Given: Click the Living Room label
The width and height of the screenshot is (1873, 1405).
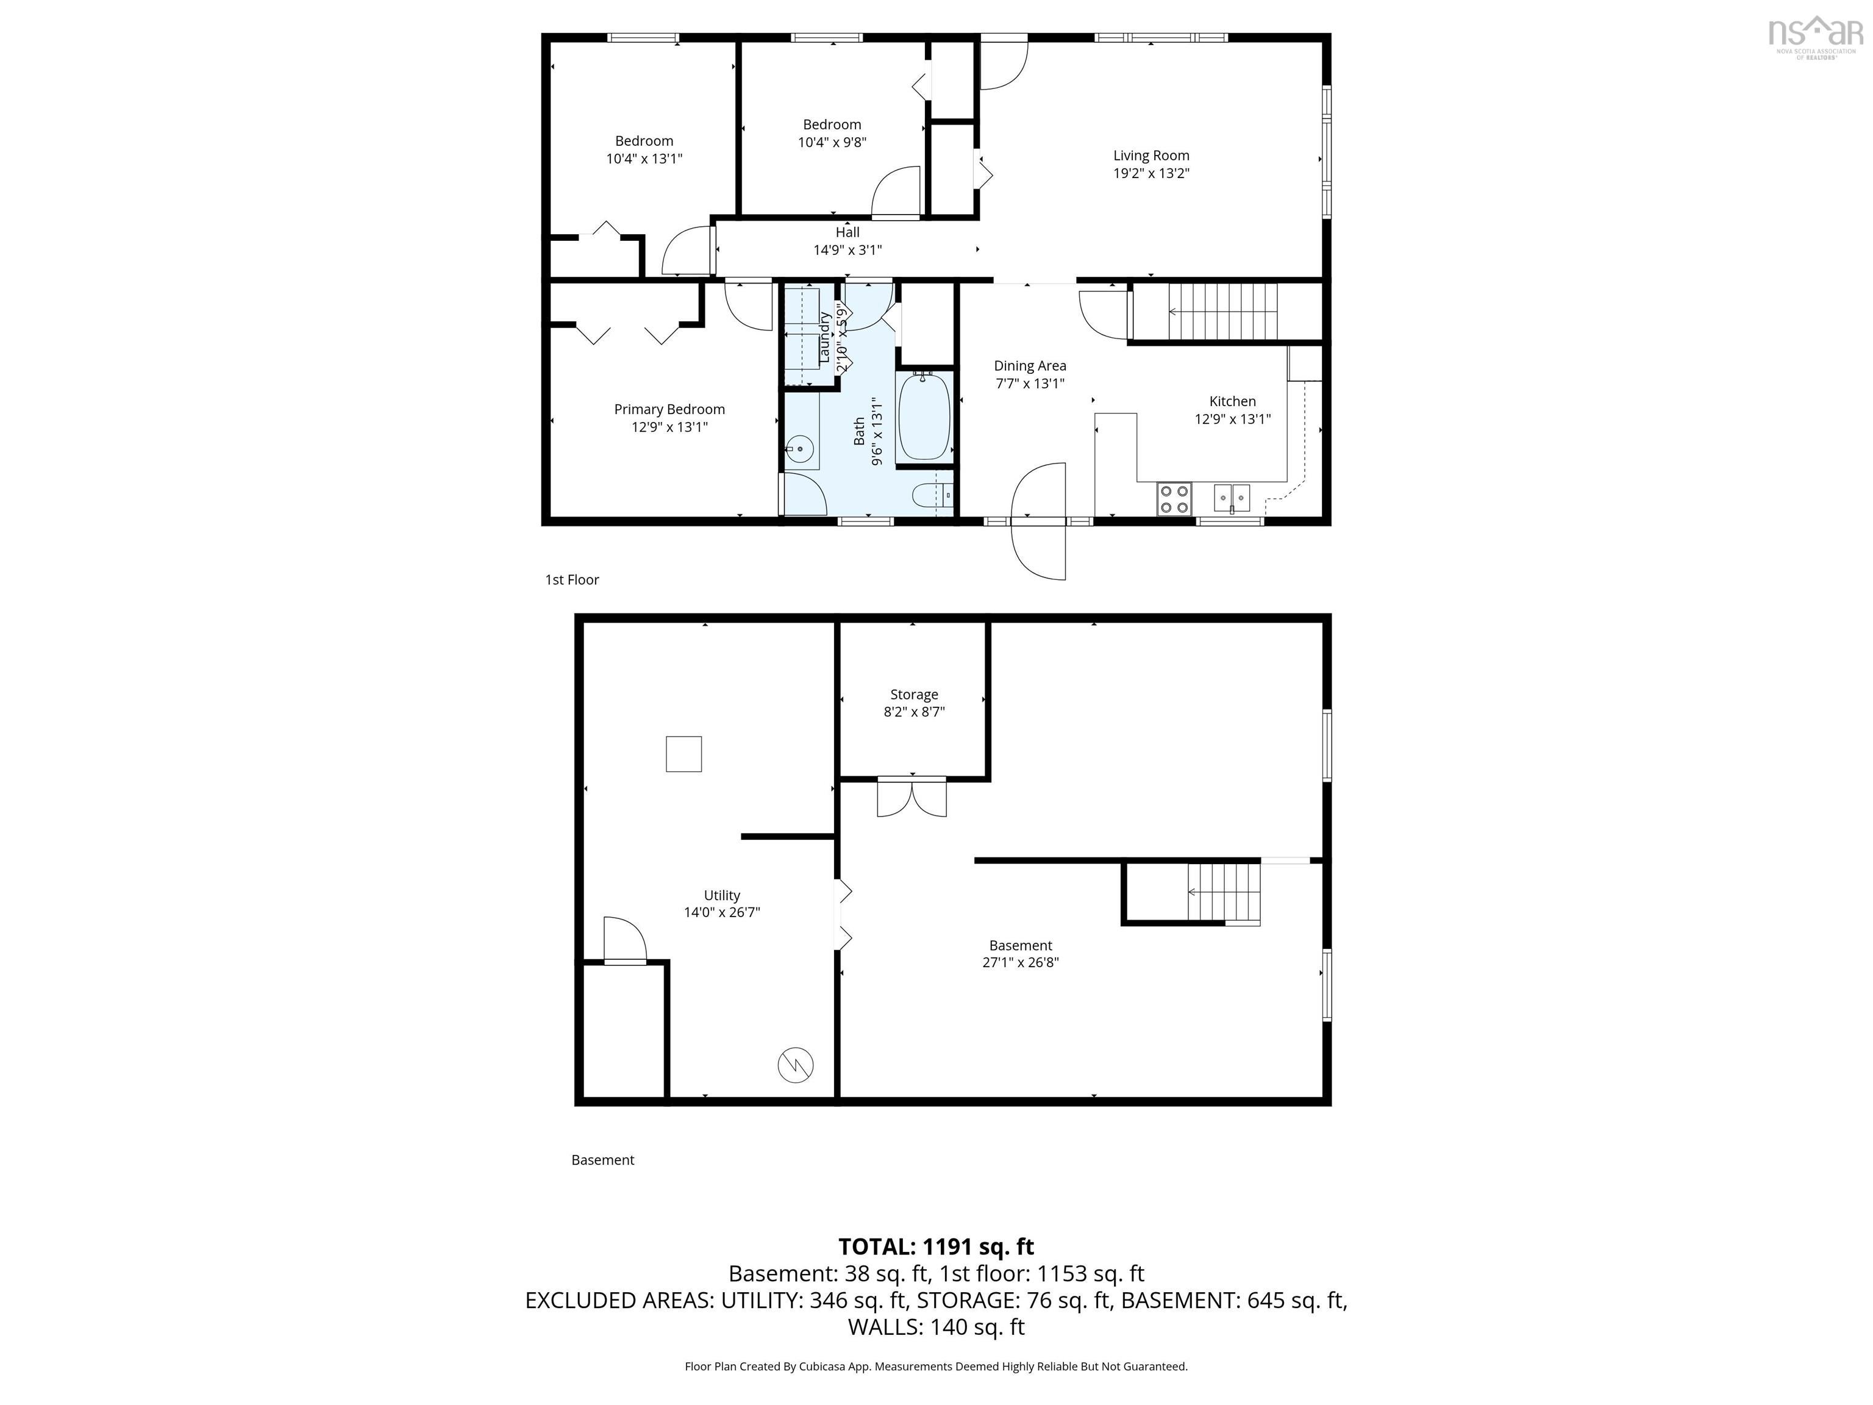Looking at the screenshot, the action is pos(1151,156).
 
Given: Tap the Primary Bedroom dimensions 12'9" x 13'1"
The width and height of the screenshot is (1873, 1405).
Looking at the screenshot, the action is pos(669,427).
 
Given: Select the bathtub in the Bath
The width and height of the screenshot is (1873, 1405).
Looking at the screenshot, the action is pos(925,416).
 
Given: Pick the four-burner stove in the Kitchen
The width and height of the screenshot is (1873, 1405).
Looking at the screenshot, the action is pos(1174,498).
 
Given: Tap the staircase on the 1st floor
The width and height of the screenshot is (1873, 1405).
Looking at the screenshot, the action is pos(1222,312).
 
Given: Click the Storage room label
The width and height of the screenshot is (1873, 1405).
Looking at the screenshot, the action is pos(914,695).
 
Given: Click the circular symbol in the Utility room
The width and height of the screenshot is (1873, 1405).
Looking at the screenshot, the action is pos(796,1065).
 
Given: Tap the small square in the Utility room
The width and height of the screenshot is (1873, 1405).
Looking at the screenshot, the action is pos(683,754).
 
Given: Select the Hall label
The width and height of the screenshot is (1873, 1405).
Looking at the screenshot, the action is pos(847,232).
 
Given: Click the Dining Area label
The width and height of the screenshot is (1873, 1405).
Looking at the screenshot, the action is pos(1030,366).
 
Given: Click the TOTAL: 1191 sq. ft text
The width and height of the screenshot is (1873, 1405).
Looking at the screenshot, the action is pos(936,1246).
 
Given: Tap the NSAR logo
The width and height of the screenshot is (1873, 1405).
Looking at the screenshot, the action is pos(1816,37).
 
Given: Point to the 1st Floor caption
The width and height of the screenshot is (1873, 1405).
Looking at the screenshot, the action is pos(571,580).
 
